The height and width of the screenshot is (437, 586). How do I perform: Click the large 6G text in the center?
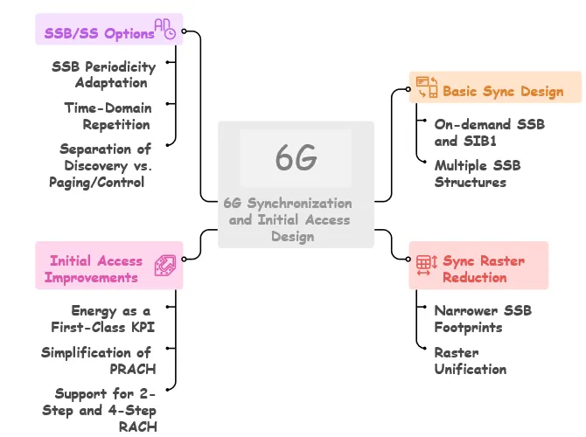(x=296, y=158)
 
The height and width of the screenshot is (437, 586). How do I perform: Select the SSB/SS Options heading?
(x=99, y=34)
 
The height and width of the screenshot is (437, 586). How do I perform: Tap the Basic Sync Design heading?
(x=503, y=91)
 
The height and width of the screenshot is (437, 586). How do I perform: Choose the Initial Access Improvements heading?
(x=95, y=268)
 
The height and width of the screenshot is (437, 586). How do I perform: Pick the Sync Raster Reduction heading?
(x=483, y=269)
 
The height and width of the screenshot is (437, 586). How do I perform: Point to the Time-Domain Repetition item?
(x=108, y=115)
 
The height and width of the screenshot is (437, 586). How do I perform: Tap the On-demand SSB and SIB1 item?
(x=490, y=132)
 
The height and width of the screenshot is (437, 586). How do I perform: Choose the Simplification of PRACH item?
(x=99, y=360)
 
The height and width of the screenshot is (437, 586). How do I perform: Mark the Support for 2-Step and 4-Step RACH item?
(x=100, y=409)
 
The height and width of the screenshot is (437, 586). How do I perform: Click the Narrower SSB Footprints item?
(x=483, y=318)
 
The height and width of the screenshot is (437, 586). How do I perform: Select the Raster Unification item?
(x=471, y=360)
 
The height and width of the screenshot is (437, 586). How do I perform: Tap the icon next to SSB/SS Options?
(x=164, y=29)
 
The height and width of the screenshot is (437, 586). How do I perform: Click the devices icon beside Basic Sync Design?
(x=427, y=87)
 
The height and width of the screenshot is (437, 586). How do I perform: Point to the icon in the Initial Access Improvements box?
(x=165, y=266)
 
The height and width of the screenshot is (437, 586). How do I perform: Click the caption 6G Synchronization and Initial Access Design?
(x=287, y=218)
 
